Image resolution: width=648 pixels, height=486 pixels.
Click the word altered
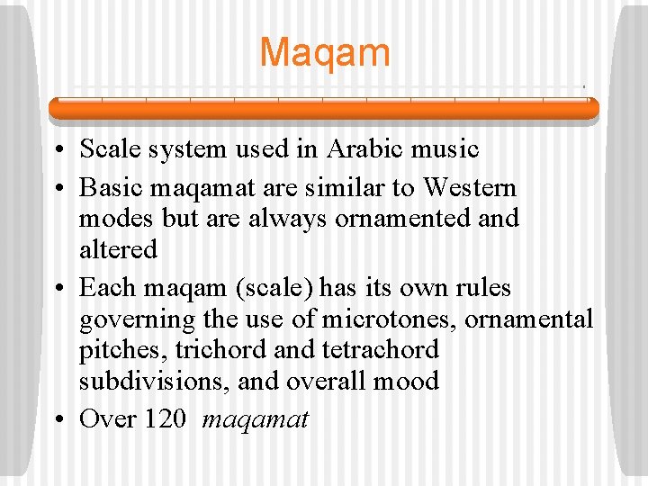(118, 249)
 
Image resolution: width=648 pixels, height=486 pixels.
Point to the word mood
(404, 381)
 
